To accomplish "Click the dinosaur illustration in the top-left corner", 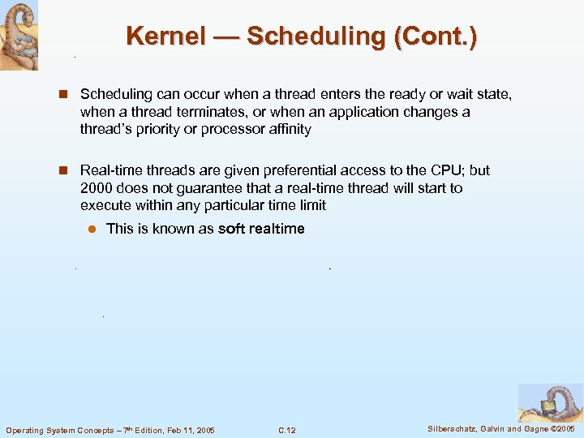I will point(19,35).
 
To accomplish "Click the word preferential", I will point(277,170).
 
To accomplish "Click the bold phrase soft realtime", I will point(261,229).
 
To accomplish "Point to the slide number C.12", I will point(286,430).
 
